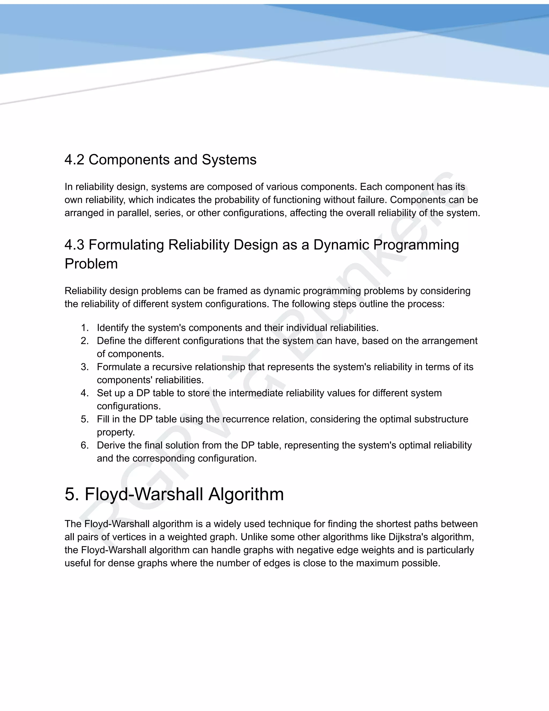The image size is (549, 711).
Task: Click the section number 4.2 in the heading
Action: coord(74,160)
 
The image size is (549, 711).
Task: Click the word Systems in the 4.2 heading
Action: coord(229,160)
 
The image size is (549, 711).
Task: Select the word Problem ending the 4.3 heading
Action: coord(91,264)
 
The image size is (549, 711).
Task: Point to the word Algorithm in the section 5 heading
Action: coord(246,494)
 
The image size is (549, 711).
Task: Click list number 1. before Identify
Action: coord(84,328)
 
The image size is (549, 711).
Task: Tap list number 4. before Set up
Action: coord(84,393)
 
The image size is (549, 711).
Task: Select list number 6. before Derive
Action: coord(84,445)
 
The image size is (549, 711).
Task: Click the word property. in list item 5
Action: coord(116,432)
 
